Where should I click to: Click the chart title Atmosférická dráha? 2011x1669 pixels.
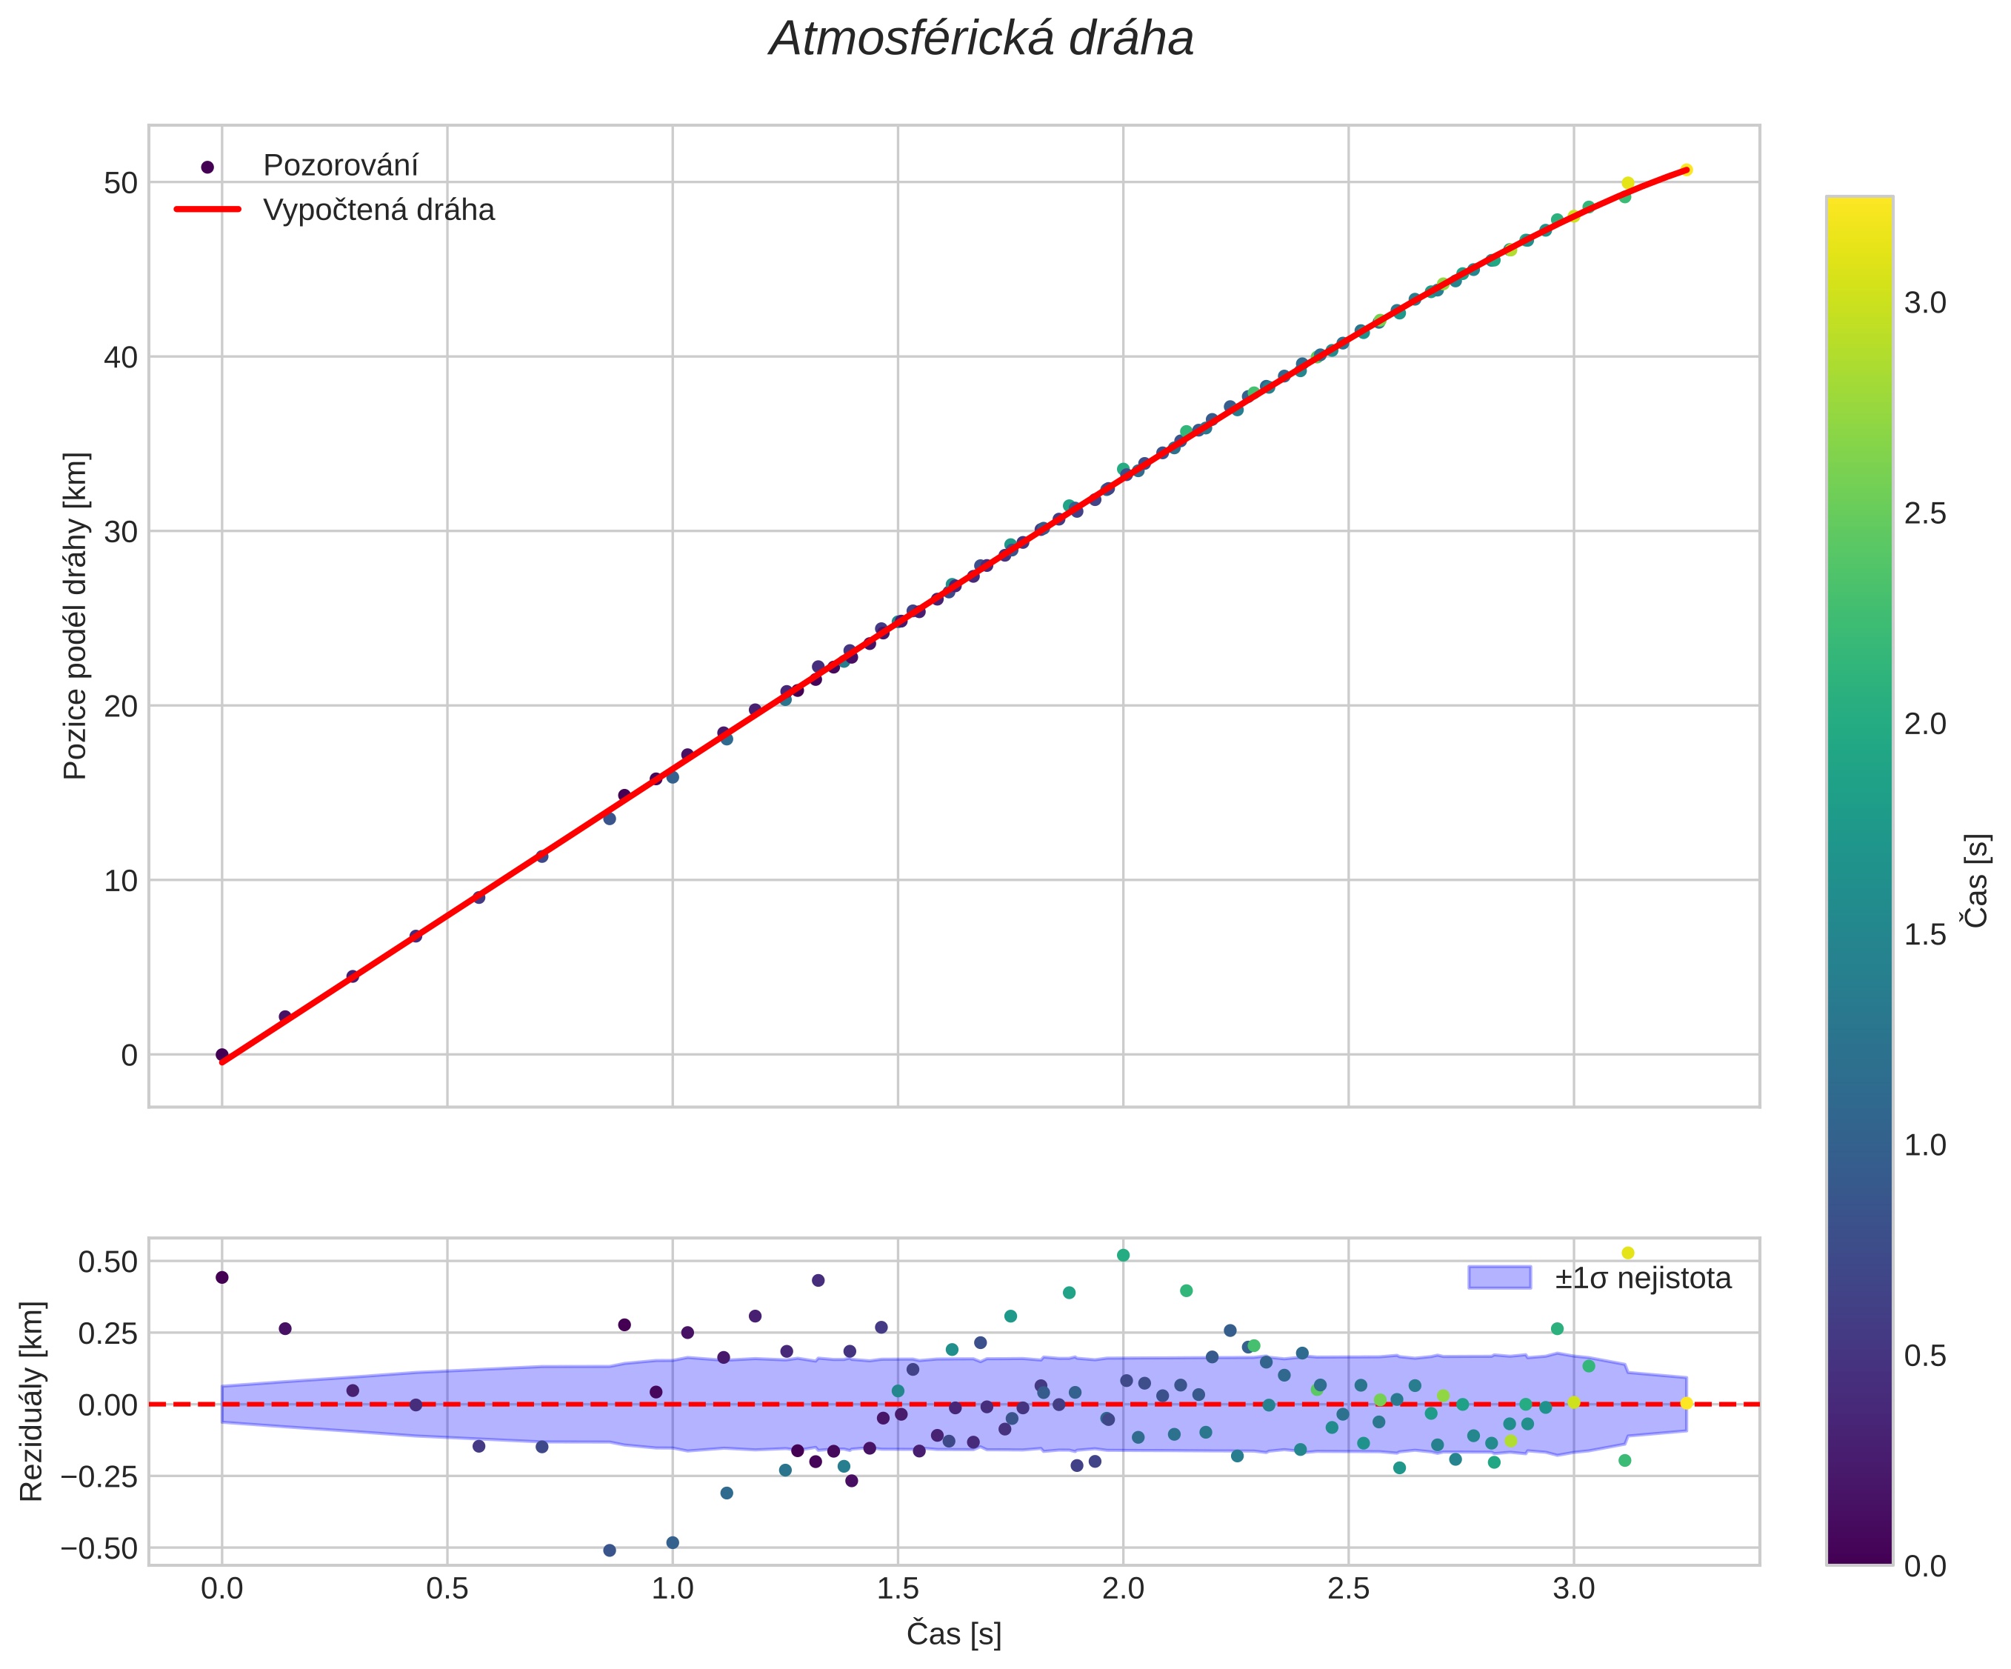pyautogui.click(x=981, y=40)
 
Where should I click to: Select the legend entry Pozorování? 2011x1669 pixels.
pyautogui.click(x=340, y=166)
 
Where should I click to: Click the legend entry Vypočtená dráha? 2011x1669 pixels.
pyautogui.click(x=378, y=210)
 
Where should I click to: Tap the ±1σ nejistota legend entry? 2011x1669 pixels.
pyautogui.click(x=1642, y=1279)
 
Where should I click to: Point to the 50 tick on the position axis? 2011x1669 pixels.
pyautogui.click(x=121, y=182)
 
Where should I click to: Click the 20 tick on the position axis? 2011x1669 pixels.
pyautogui.click(x=121, y=706)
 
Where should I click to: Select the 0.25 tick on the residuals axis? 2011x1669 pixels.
pyautogui.click(x=107, y=1333)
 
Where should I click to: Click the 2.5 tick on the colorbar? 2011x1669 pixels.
pyautogui.click(x=1925, y=514)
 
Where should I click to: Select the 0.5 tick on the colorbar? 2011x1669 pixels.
pyautogui.click(x=1925, y=1356)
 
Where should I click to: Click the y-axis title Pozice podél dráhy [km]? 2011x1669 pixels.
pyautogui.click(x=76, y=616)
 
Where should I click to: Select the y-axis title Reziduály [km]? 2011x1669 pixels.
pyautogui.click(x=32, y=1401)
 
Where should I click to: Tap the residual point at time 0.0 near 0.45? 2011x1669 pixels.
pyautogui.click(x=222, y=1277)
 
